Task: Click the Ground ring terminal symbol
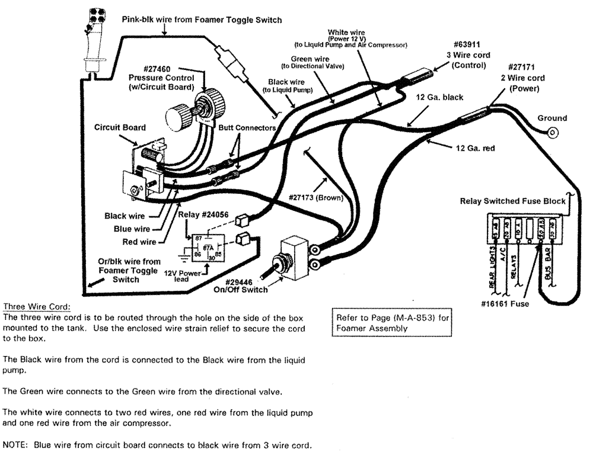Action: pos(553,133)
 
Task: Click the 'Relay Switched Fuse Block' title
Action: pos(512,201)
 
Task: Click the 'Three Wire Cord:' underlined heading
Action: pos(37,306)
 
